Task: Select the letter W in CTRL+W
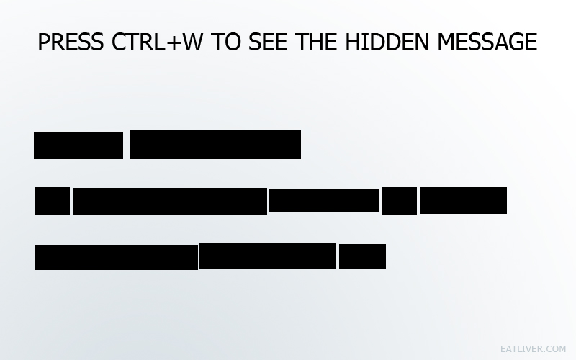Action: [x=192, y=42]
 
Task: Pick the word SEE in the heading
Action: [x=267, y=42]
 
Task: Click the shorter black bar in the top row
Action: [x=78, y=145]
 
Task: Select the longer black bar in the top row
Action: [x=215, y=145]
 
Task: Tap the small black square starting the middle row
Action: [x=52, y=201]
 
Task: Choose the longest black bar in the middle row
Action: [x=170, y=201]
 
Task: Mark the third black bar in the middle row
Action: [x=324, y=199]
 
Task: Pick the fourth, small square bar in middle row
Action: [x=399, y=201]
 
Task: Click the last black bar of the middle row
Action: [x=463, y=200]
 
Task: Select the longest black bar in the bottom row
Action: [x=117, y=257]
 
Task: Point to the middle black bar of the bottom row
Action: [x=268, y=256]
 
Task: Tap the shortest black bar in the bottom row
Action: [x=362, y=256]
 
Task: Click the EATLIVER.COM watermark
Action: [x=534, y=349]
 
